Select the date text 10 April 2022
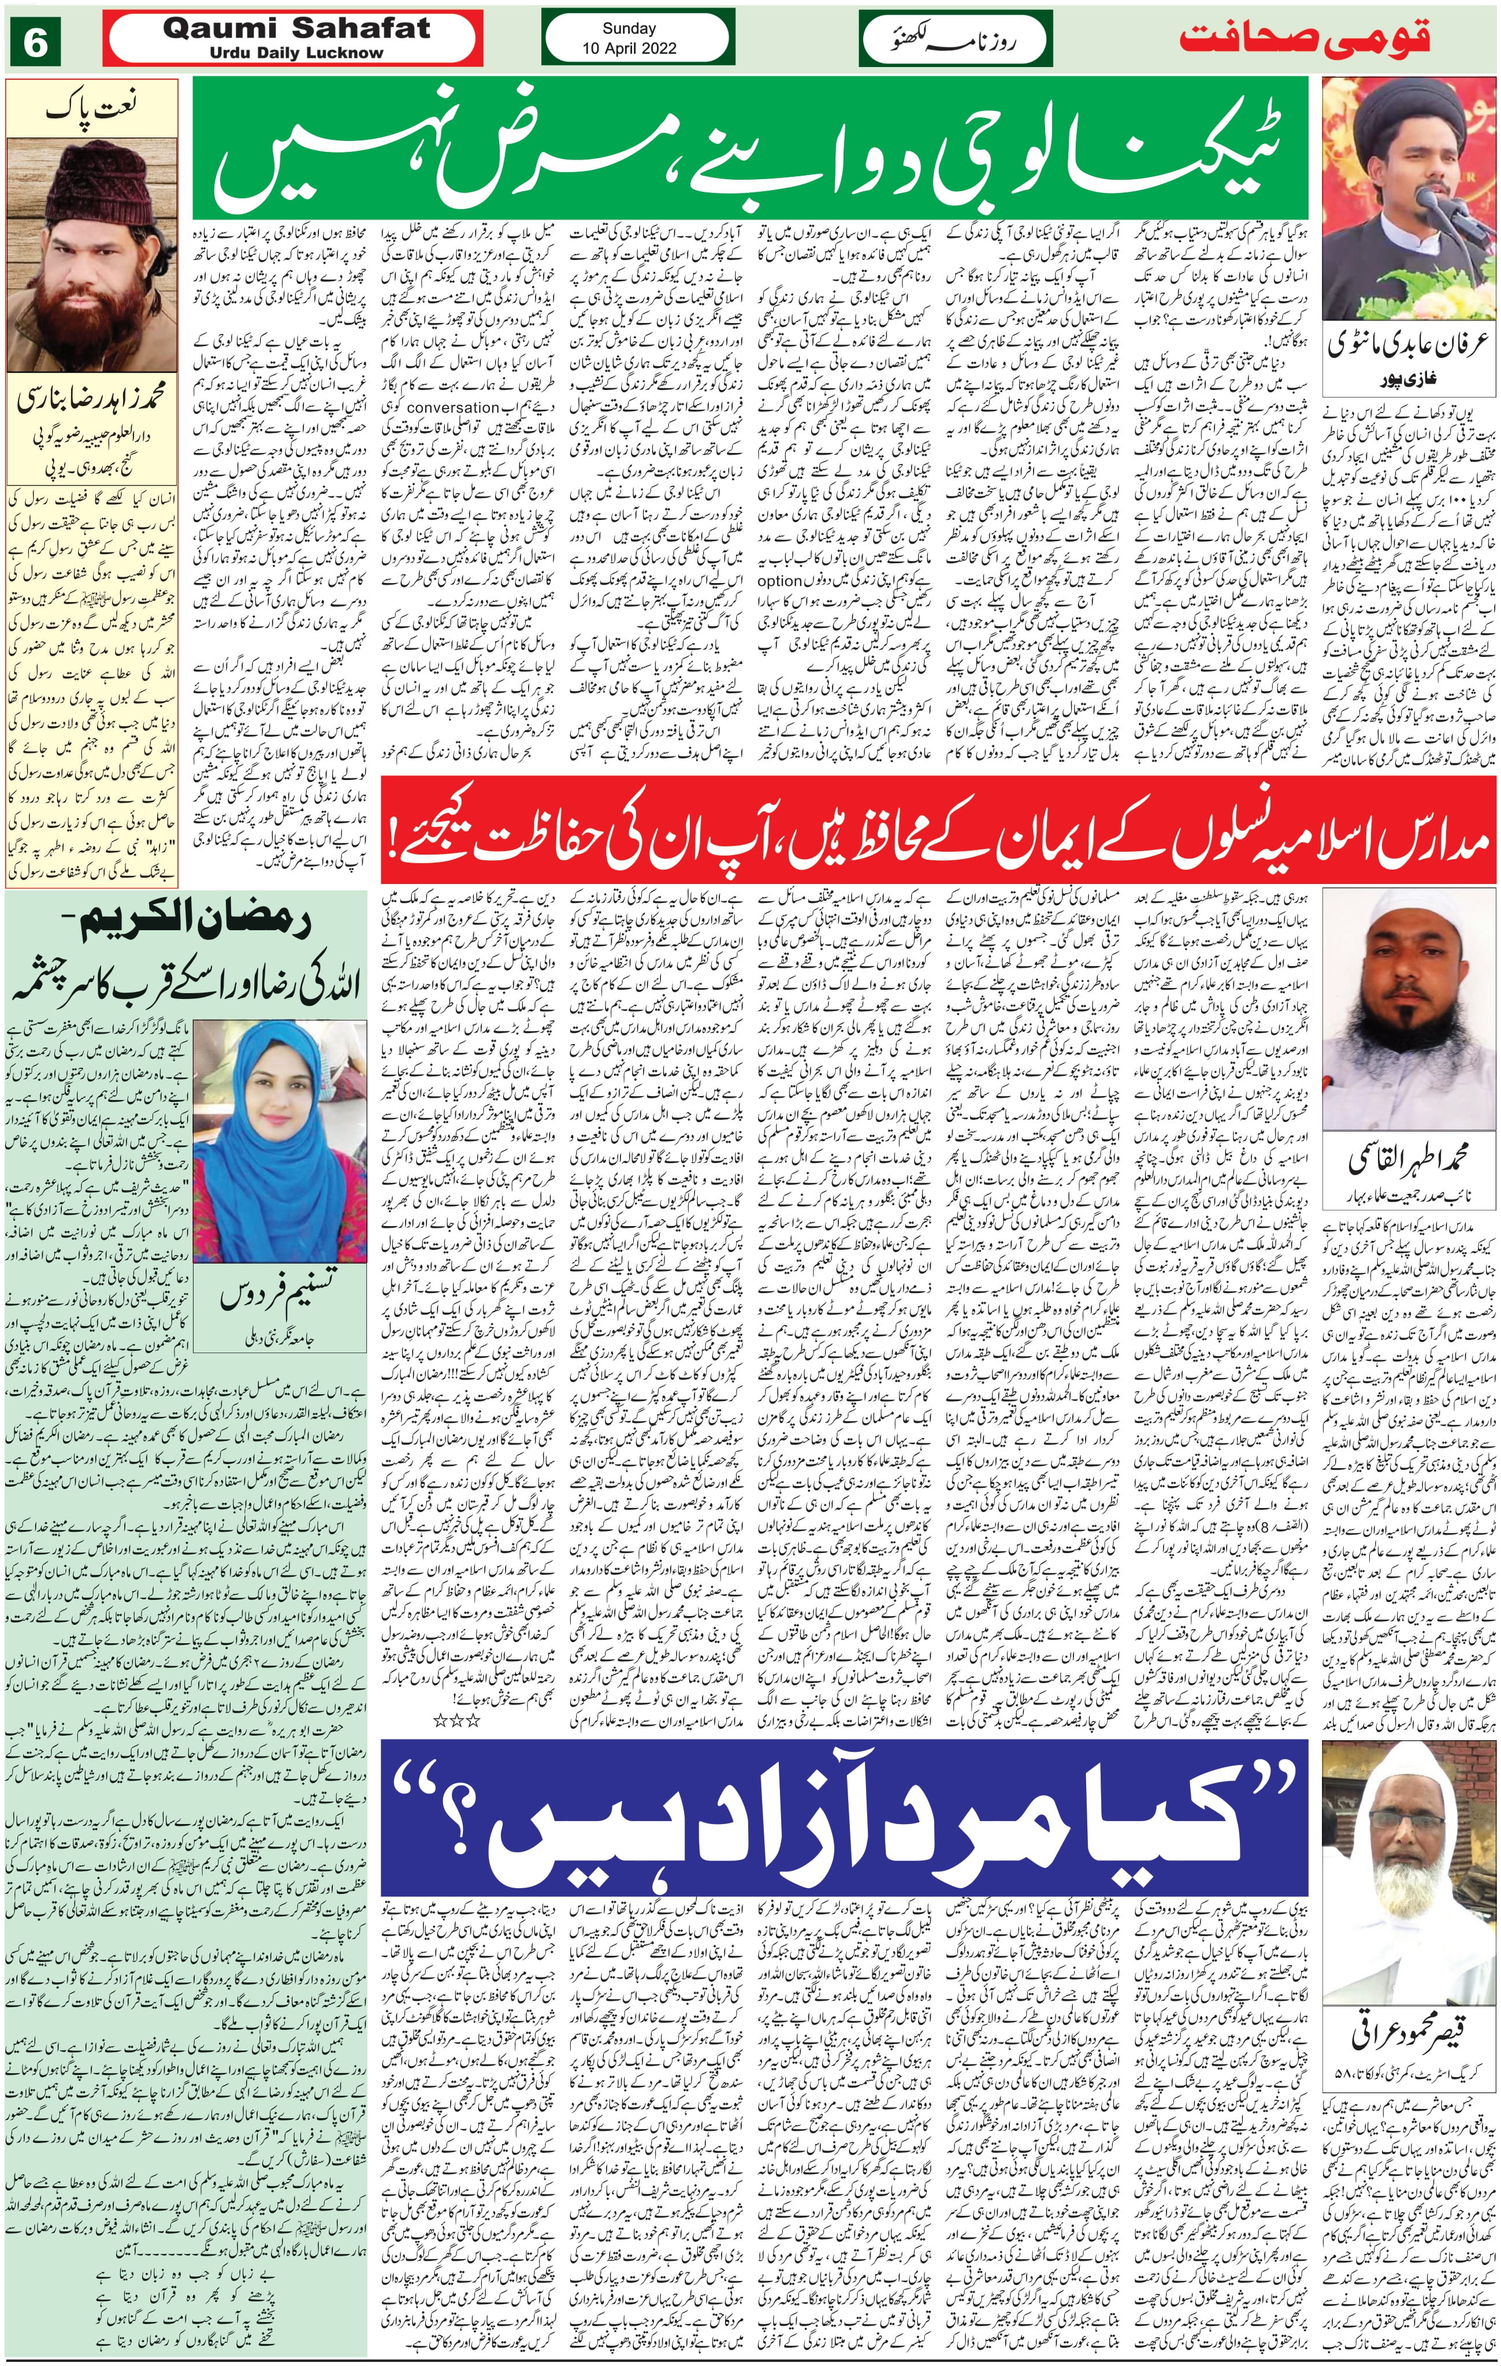click(629, 47)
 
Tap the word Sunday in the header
click(629, 28)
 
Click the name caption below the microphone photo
click(1407, 347)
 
